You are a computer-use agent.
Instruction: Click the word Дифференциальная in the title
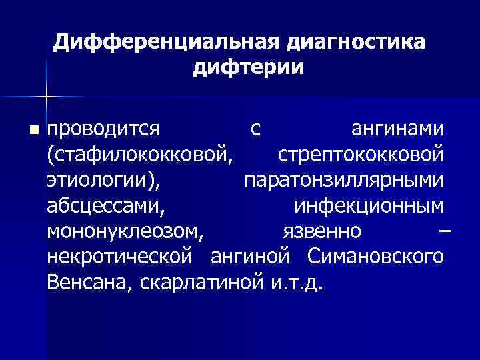[x=167, y=43]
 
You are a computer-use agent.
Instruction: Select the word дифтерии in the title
[x=248, y=68]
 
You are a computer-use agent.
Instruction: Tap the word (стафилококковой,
[x=141, y=155]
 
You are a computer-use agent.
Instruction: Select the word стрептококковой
[x=360, y=155]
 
